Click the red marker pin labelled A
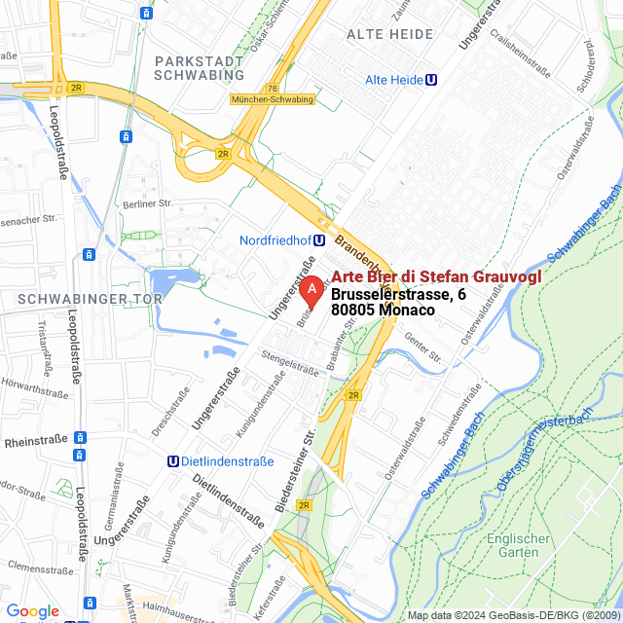pyautogui.click(x=311, y=291)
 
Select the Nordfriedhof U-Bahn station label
pyautogui.click(x=282, y=240)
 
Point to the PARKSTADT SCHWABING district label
pyautogui.click(x=200, y=68)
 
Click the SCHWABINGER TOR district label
pyautogui.click(x=66, y=297)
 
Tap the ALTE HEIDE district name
pyautogui.click(x=390, y=34)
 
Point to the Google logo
pyautogui.click(x=32, y=610)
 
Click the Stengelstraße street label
pyautogui.click(x=290, y=365)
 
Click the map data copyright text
pyautogui.click(x=513, y=615)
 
